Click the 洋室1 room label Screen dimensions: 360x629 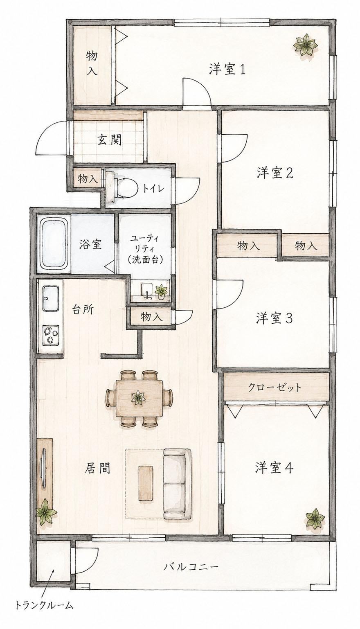click(x=227, y=69)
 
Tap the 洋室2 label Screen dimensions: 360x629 click(x=275, y=173)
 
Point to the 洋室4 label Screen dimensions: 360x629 click(x=274, y=468)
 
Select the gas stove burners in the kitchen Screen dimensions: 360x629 click(x=51, y=334)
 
